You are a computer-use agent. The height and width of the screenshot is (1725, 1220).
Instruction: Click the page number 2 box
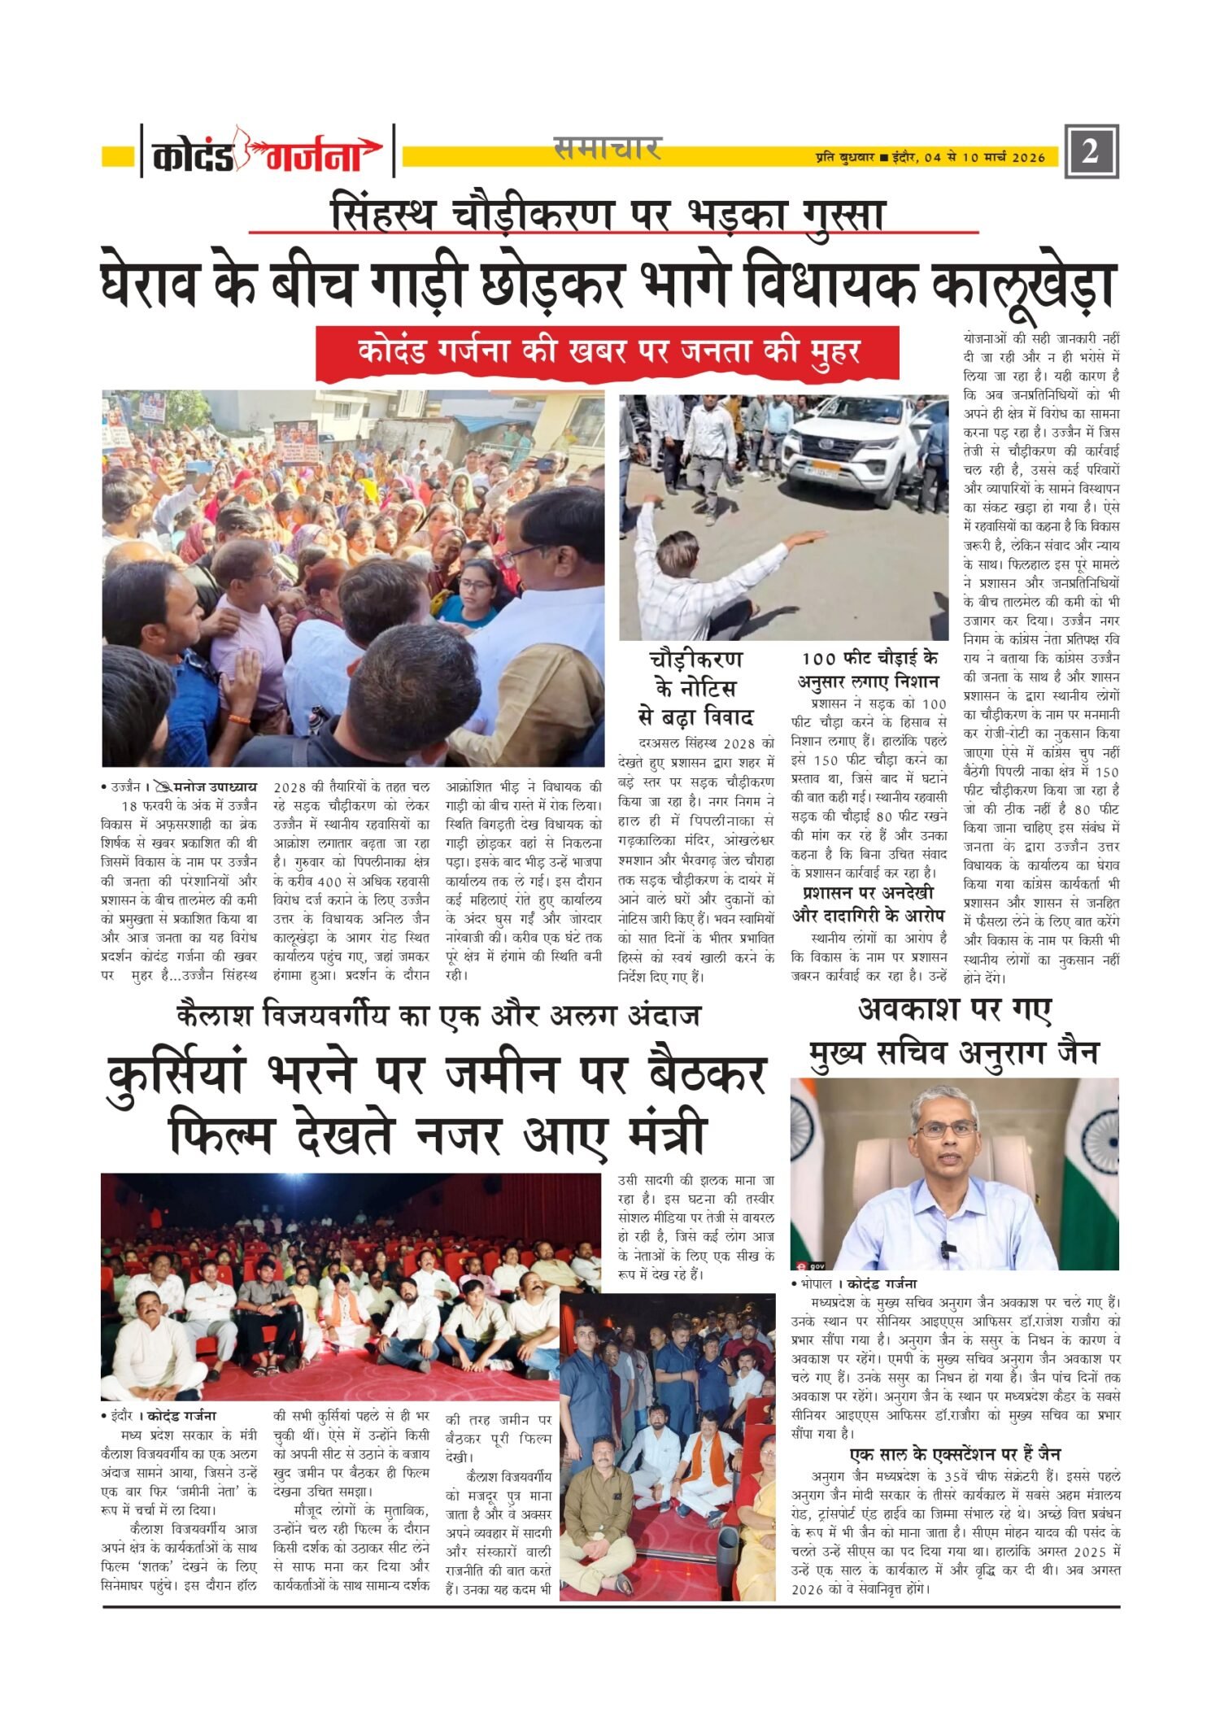tap(1091, 151)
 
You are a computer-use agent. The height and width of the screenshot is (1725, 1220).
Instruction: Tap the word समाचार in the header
tap(607, 148)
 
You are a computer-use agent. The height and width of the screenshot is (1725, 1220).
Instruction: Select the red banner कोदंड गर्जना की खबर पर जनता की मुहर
tap(608, 351)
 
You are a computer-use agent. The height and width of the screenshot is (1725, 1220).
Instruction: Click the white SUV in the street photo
tap(851, 446)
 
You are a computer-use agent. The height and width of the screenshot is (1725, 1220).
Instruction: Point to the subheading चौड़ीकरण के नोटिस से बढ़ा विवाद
tap(696, 688)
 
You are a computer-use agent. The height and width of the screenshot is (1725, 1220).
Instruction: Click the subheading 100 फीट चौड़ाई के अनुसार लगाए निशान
tap(868, 669)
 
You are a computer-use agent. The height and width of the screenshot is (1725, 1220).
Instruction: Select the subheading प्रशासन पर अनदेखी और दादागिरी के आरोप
tap(869, 904)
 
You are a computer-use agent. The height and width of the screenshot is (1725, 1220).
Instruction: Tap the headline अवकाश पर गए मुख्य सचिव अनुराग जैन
tap(954, 1032)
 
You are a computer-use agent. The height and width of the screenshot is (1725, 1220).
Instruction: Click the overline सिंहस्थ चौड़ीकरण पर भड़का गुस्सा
tap(608, 215)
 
